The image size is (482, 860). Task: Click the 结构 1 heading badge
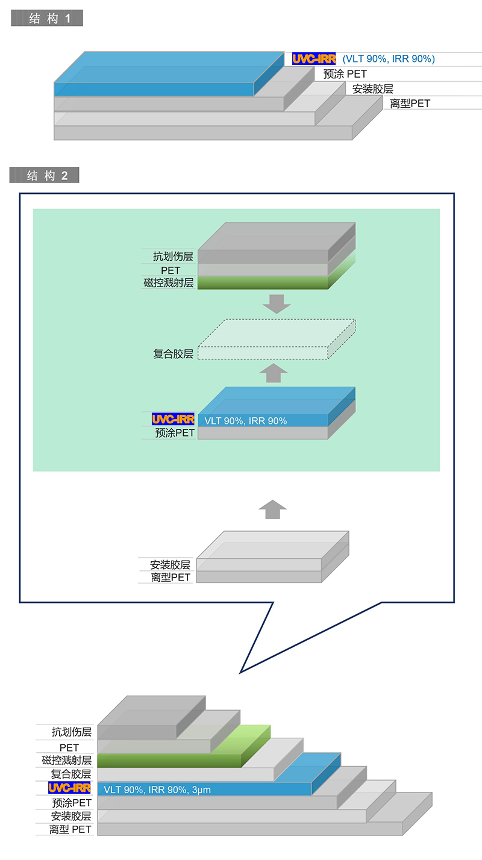pyautogui.click(x=47, y=18)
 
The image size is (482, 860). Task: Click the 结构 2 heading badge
pyautogui.click(x=44, y=175)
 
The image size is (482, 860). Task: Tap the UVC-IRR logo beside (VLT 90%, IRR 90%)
pyautogui.click(x=314, y=59)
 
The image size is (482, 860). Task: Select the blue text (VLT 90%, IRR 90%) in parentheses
pyautogui.click(x=389, y=59)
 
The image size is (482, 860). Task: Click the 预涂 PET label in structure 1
pyautogui.click(x=345, y=73)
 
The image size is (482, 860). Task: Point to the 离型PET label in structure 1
pyautogui.click(x=410, y=103)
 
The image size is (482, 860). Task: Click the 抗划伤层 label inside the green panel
pyautogui.click(x=173, y=256)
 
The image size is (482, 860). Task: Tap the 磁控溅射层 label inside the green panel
pyautogui.click(x=169, y=283)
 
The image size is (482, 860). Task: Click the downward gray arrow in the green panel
pyautogui.click(x=277, y=304)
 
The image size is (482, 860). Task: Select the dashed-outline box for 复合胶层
pyautogui.click(x=277, y=339)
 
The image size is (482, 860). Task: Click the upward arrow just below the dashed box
pyautogui.click(x=274, y=373)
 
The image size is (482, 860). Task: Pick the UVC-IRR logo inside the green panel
pyautogui.click(x=173, y=419)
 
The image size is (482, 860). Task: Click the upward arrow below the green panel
pyautogui.click(x=273, y=509)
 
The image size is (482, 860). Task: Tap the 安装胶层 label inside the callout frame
pyautogui.click(x=170, y=565)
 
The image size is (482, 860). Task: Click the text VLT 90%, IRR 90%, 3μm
pyautogui.click(x=157, y=790)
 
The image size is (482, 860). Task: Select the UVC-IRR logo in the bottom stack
pyautogui.click(x=69, y=788)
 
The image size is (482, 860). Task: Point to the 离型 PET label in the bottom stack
pyautogui.click(x=70, y=829)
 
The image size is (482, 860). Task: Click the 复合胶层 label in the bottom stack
pyautogui.click(x=71, y=774)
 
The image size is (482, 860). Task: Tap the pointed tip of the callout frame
pyautogui.click(x=240, y=673)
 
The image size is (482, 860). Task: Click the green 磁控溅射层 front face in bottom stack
pyautogui.click(x=169, y=761)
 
